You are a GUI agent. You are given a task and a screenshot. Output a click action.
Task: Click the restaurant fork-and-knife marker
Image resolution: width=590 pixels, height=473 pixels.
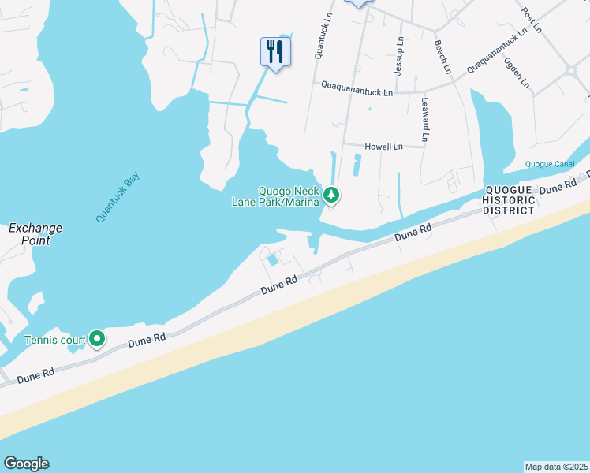pos(275,52)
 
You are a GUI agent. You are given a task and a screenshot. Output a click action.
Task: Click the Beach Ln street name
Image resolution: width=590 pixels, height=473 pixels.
pos(441,58)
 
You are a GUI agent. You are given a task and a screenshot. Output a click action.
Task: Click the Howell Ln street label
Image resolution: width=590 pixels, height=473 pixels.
pos(383,147)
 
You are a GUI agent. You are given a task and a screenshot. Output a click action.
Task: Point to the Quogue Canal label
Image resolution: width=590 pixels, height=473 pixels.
pos(550,164)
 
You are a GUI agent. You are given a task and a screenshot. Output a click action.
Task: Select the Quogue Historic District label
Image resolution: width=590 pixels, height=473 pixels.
pos(510,200)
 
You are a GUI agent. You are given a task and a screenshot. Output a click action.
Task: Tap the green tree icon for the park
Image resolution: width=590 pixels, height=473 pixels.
pos(332,194)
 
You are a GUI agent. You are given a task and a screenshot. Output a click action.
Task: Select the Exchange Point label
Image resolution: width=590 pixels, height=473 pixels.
pos(35,234)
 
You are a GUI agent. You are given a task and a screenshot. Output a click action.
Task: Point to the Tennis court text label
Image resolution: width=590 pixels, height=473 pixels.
pos(53,340)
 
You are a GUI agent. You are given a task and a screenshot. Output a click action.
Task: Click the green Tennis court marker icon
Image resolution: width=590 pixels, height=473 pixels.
pos(97,339)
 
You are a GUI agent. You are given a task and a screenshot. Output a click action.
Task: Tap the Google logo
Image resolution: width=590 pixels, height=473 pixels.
pos(26,464)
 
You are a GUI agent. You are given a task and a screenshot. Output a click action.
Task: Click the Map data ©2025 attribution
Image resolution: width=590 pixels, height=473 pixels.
pos(557,466)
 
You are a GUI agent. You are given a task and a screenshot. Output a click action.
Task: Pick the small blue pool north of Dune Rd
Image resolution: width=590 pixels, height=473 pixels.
pos(272,259)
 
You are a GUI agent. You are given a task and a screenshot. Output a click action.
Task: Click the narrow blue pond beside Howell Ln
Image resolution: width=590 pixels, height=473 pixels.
pos(357,165)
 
